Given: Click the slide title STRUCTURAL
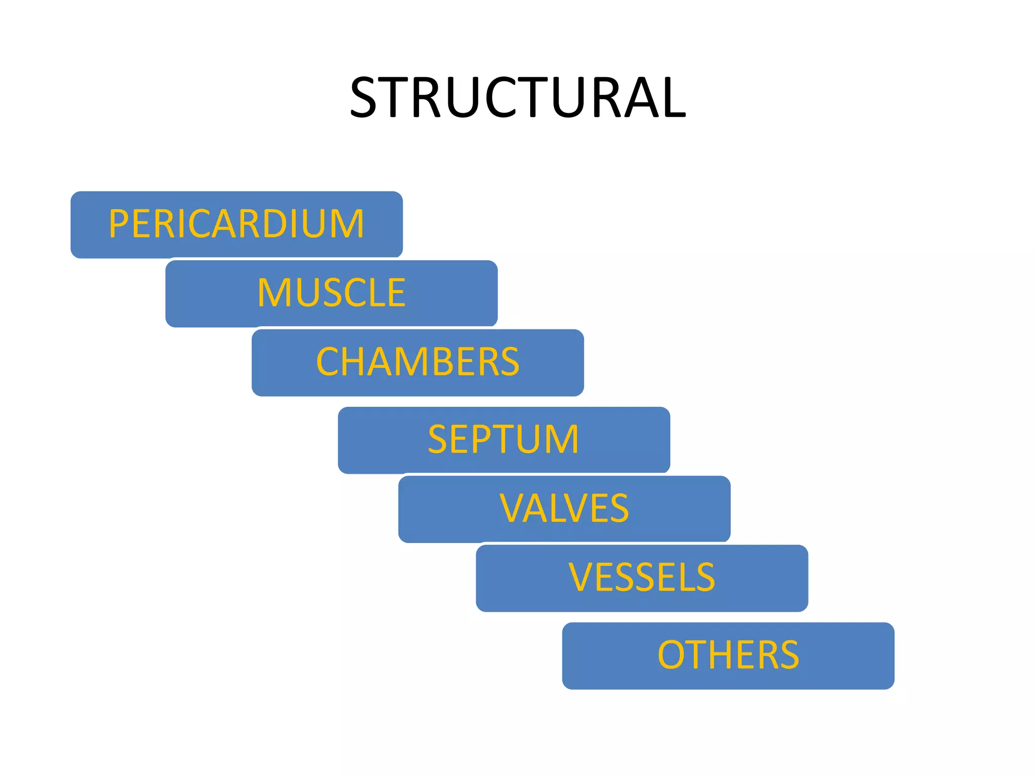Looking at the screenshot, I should click(517, 97).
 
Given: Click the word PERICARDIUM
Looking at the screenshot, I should click(236, 224).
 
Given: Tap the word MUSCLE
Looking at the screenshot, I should click(331, 293).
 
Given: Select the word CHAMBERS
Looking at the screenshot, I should click(417, 362).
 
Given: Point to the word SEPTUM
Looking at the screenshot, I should click(503, 440).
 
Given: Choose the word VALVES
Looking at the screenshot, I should click(564, 508).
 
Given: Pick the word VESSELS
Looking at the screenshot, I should click(641, 577).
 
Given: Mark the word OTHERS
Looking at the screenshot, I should click(728, 655).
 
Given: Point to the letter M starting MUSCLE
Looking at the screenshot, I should click(273, 293).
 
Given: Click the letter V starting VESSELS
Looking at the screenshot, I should click(580, 577).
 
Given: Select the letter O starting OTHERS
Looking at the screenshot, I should click(672, 655).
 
